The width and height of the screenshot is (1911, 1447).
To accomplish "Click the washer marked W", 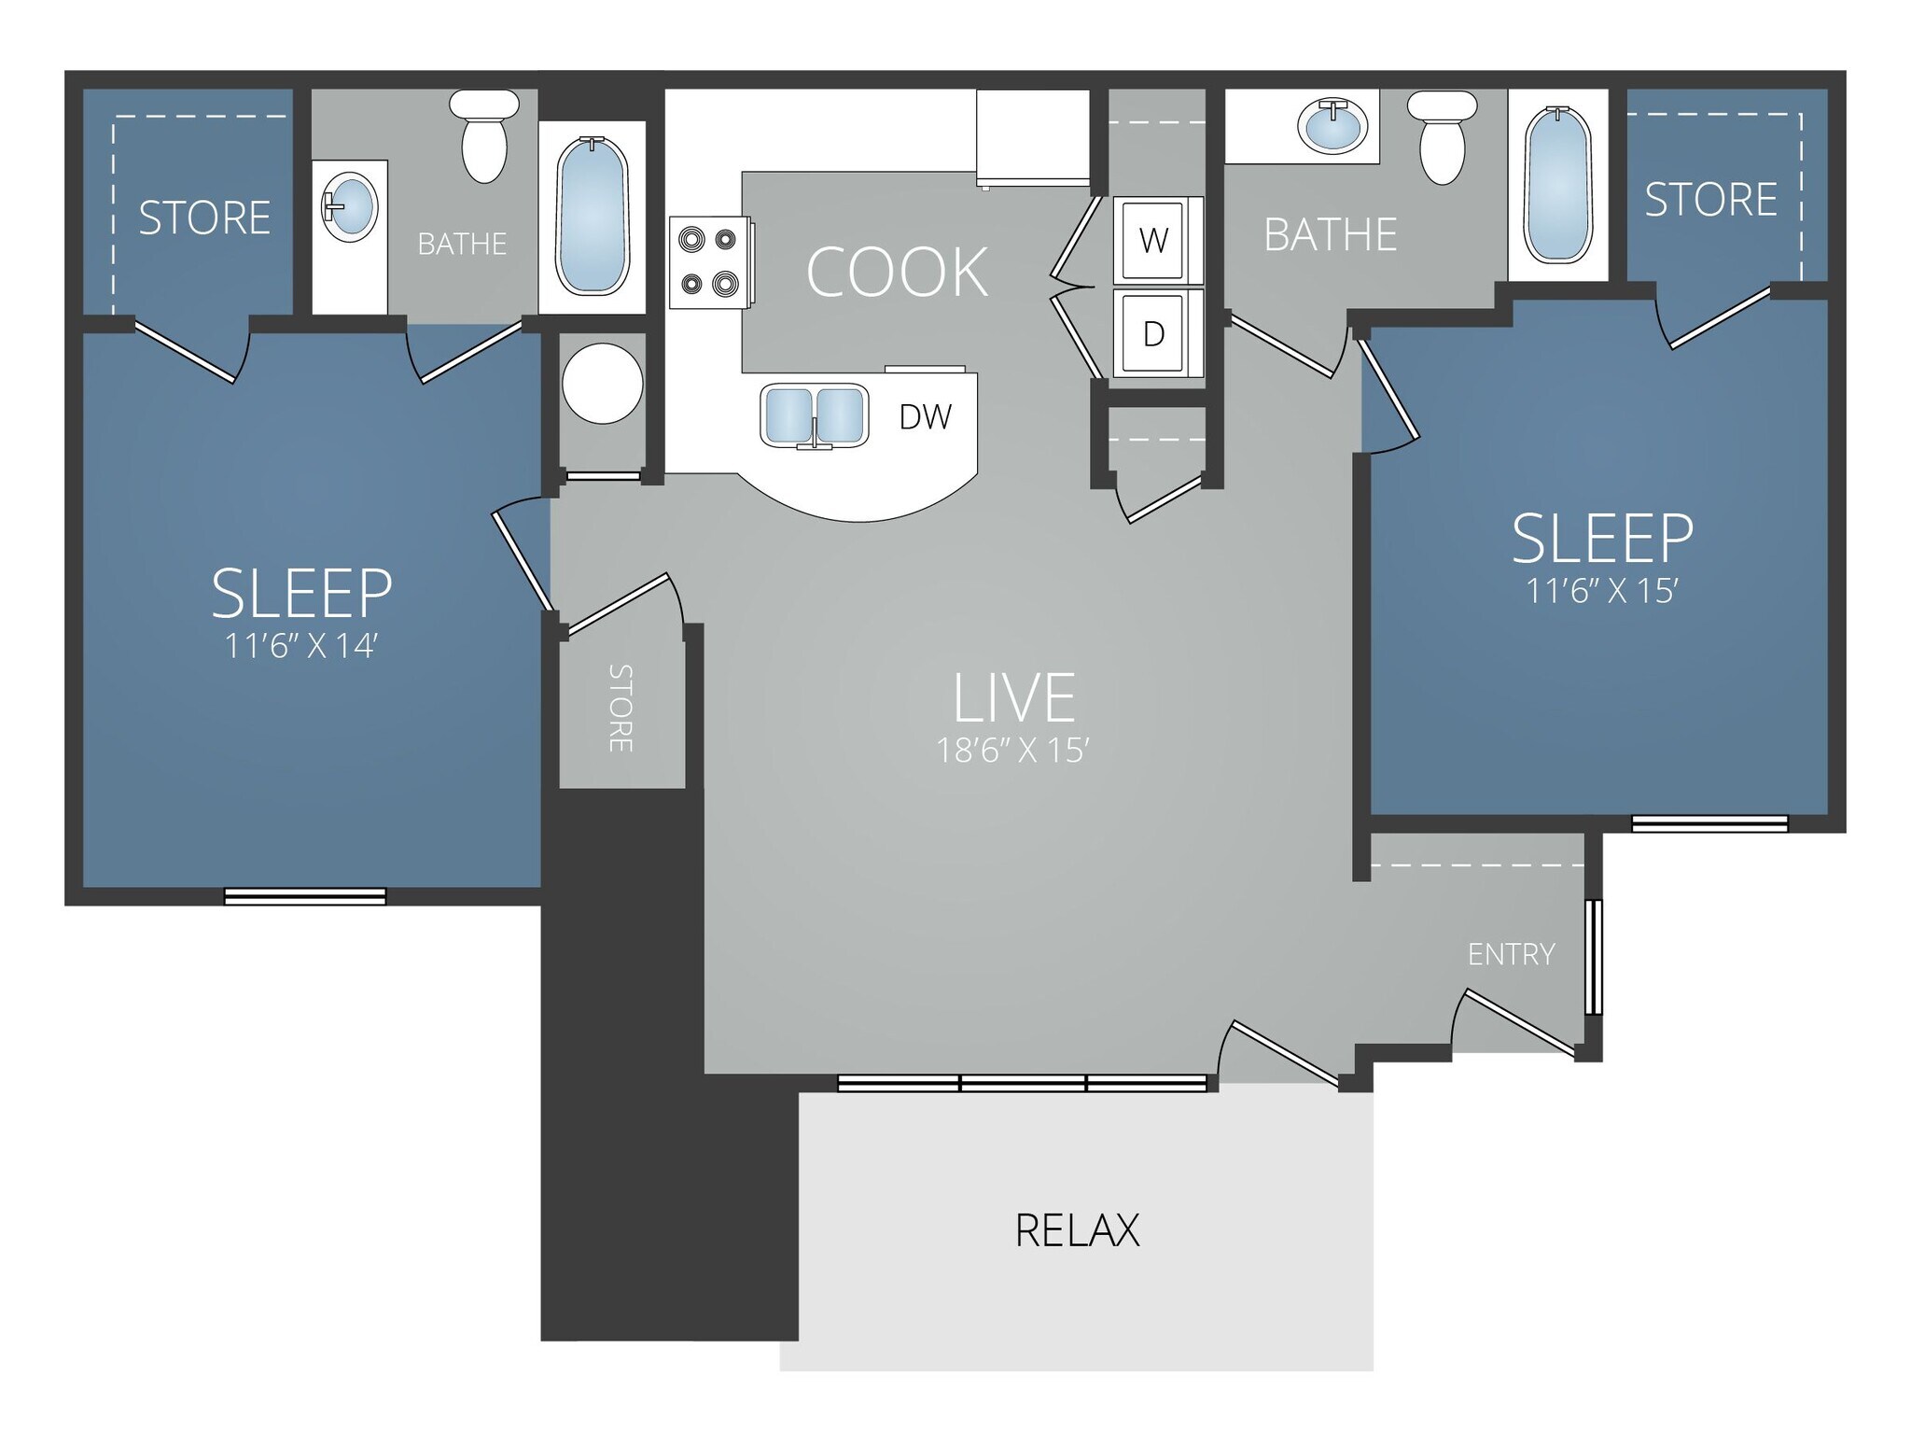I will click(x=1154, y=241).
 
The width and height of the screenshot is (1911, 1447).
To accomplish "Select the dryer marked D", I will click(x=1154, y=333).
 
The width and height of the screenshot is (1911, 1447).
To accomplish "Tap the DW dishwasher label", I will click(x=925, y=417).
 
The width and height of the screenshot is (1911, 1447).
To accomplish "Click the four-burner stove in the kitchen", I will click(x=708, y=262).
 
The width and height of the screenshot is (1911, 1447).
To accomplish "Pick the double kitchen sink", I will click(x=814, y=415).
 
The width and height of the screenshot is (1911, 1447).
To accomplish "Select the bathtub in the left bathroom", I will click(x=592, y=217).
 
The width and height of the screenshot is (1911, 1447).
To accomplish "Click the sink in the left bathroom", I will click(x=350, y=206).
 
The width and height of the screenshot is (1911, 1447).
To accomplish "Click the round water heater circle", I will click(x=602, y=384).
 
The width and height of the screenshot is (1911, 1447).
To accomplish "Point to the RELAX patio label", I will click(x=1077, y=1230).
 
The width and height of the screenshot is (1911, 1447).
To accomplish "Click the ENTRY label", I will click(x=1511, y=954).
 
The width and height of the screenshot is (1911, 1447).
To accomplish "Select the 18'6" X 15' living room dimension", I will click(x=1012, y=751).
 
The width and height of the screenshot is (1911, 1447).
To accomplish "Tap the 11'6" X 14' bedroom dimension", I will click(x=300, y=646).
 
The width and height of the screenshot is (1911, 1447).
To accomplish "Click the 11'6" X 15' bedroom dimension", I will click(x=1601, y=591).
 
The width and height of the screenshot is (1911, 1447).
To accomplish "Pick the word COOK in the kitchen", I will click(x=897, y=273).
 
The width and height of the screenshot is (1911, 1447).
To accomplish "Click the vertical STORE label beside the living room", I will click(x=621, y=709).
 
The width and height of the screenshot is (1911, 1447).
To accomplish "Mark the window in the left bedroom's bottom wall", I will click(x=305, y=896).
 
